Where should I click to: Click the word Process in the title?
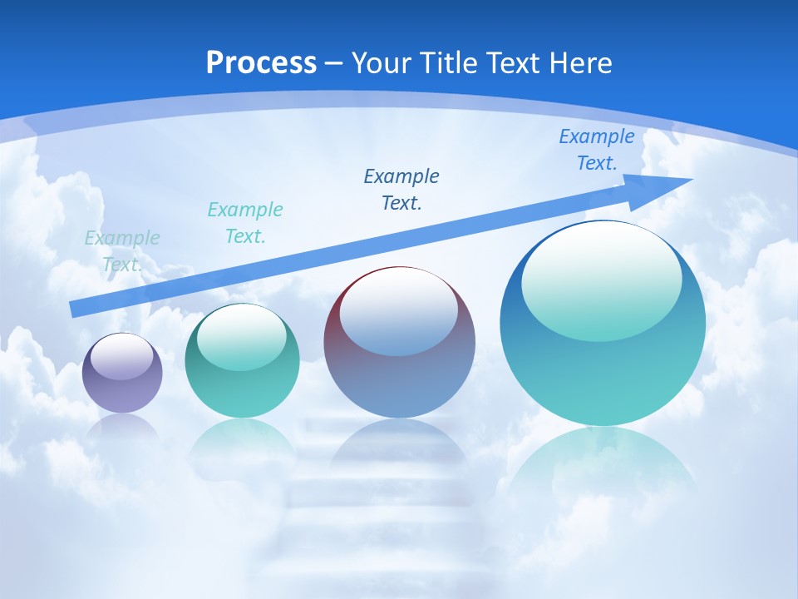[261, 63]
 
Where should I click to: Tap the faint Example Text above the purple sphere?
[122, 250]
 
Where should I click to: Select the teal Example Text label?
[245, 222]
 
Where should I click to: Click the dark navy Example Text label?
[401, 189]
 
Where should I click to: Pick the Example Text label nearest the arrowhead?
[596, 150]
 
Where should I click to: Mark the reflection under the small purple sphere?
[122, 428]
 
